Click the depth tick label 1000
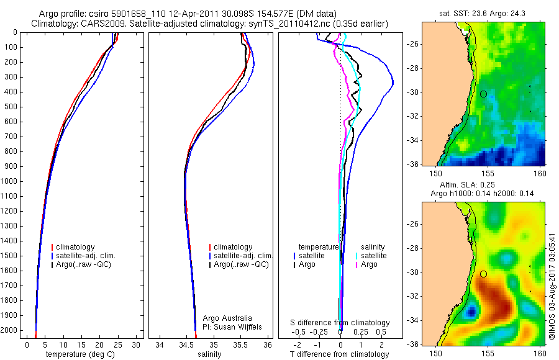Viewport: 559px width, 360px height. (11, 181)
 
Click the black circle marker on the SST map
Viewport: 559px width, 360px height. (483, 94)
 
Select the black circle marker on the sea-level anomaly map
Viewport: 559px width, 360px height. (483, 274)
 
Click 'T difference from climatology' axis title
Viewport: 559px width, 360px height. (339, 354)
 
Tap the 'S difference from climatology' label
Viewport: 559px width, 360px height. (340, 323)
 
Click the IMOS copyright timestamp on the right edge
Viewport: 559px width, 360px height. (552, 286)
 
